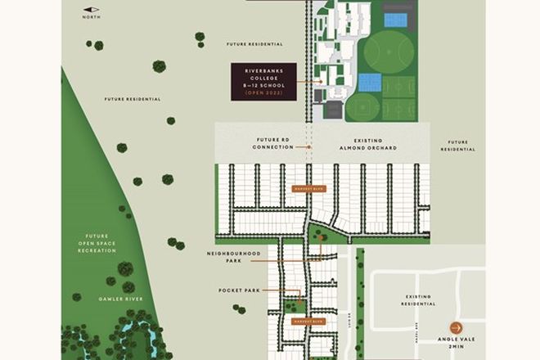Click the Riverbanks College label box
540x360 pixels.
tap(263, 81)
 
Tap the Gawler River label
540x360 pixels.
tap(122, 299)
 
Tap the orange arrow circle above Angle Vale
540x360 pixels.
tap(456, 328)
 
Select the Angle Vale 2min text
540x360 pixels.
tap(456, 344)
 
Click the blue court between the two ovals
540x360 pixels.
tap(370, 83)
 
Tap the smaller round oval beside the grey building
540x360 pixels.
tap(363, 107)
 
